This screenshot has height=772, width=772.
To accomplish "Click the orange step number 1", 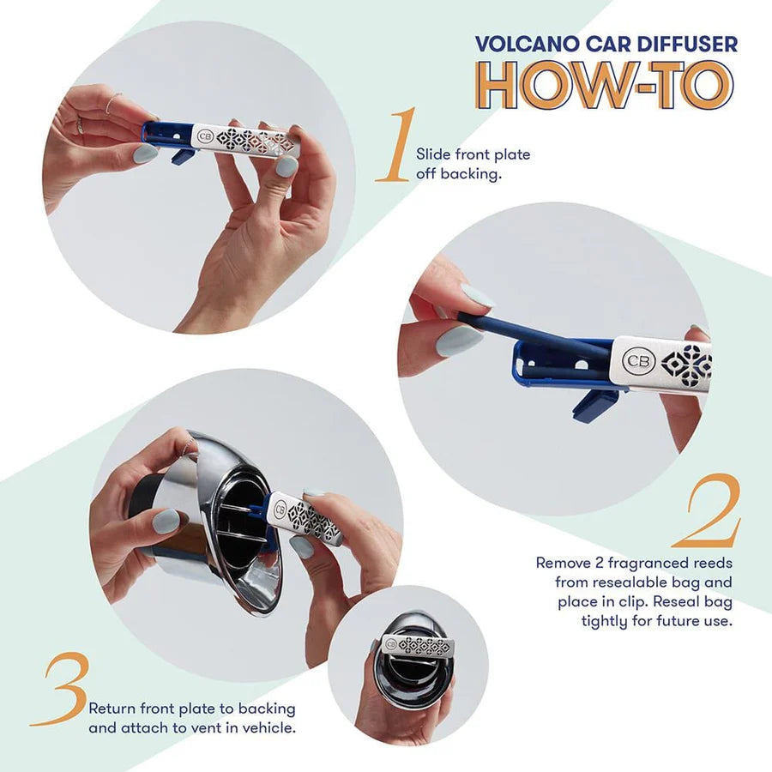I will pyautogui.click(x=396, y=146).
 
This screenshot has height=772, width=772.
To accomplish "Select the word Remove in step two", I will pyautogui.click(x=562, y=563).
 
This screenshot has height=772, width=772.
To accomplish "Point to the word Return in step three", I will pyautogui.click(x=112, y=709).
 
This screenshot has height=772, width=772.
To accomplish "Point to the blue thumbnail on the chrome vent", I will pyautogui.click(x=166, y=521).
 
